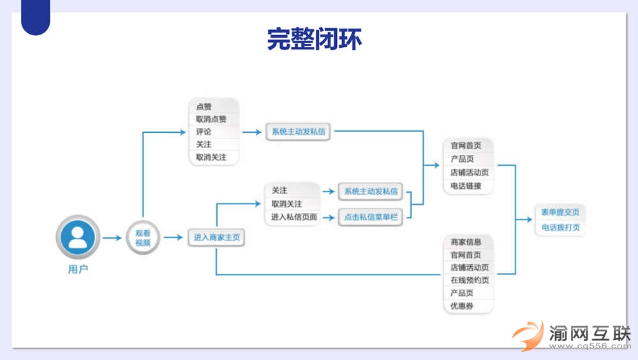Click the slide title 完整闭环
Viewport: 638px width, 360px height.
314,39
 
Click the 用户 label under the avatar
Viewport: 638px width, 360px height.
78,269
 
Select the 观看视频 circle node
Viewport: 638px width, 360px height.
142,237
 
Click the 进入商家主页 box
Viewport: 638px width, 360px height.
217,237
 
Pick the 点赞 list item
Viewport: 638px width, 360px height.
204,107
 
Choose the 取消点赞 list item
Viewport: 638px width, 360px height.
211,119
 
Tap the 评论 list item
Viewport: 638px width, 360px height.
204,131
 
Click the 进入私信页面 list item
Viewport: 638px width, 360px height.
293,217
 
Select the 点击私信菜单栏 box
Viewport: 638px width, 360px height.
371,218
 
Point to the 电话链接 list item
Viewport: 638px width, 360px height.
466,186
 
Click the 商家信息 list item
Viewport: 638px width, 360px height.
466,242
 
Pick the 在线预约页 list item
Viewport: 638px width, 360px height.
470,280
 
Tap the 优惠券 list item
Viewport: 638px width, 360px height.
462,306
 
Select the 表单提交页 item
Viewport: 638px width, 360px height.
560,213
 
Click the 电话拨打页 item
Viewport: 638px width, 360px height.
560,227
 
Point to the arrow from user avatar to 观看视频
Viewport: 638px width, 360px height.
112,238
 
